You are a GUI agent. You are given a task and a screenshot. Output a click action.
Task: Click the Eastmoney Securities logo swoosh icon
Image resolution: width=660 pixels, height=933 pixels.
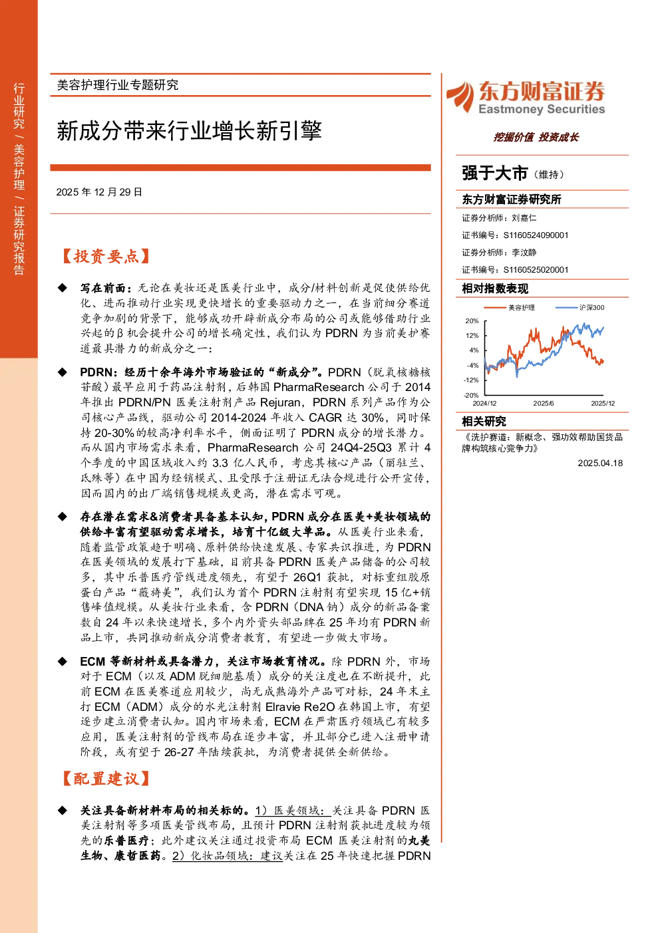pyautogui.click(x=460, y=97)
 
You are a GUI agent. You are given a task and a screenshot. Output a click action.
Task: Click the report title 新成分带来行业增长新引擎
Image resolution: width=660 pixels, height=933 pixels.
pyautogui.click(x=189, y=131)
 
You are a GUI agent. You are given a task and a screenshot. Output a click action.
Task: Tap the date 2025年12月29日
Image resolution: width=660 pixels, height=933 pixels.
pyautogui.click(x=99, y=192)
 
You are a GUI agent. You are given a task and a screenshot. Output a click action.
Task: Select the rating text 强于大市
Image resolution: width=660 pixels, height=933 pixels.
pyautogui.click(x=494, y=174)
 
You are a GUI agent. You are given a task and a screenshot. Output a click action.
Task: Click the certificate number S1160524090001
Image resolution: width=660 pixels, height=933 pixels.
pyautogui.click(x=536, y=235)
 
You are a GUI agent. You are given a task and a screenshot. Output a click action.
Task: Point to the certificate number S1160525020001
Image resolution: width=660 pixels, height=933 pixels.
pyautogui.click(x=536, y=270)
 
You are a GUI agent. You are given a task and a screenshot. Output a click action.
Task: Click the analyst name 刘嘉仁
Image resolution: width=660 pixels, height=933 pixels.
pyautogui.click(x=524, y=218)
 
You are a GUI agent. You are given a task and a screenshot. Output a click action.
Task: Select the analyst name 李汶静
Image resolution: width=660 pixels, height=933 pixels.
pyautogui.click(x=524, y=253)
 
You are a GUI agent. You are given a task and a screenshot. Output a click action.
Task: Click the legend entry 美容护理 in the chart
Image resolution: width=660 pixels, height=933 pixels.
pyautogui.click(x=521, y=308)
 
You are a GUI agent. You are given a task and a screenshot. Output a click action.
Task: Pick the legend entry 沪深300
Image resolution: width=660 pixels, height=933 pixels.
pyautogui.click(x=591, y=308)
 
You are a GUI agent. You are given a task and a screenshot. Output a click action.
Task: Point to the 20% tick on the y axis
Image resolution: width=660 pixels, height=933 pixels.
pyautogui.click(x=472, y=321)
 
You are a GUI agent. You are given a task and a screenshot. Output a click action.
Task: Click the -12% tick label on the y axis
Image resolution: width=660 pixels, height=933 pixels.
pyautogui.click(x=471, y=380)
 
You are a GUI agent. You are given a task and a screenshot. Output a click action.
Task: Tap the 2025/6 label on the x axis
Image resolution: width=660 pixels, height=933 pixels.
pyautogui.click(x=544, y=404)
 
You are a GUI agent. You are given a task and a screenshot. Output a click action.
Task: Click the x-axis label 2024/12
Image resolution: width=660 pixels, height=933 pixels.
pyautogui.click(x=484, y=404)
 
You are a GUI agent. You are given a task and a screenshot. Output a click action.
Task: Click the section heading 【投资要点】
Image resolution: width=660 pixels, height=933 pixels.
pyautogui.click(x=106, y=256)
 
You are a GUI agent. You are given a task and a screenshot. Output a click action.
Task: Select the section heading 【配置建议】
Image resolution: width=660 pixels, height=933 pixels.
pyautogui.click(x=106, y=779)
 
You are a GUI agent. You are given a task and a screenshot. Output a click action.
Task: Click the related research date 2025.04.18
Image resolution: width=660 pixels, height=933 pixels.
pyautogui.click(x=600, y=463)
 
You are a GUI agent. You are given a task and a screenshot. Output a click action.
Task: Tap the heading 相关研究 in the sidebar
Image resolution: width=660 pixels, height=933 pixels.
pyautogui.click(x=484, y=422)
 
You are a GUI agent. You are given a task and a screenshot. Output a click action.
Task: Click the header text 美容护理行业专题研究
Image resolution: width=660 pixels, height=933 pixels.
pyautogui.click(x=118, y=85)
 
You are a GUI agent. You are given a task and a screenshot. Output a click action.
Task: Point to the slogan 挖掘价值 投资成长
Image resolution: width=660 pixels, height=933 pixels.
pyautogui.click(x=536, y=137)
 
